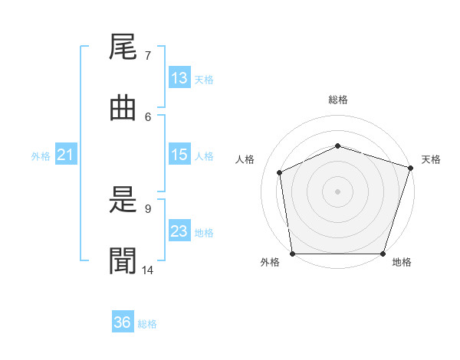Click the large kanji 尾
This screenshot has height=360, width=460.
pos(123,47)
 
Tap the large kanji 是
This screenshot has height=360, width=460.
pos(123,199)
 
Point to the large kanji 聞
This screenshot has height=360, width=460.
pos(123,260)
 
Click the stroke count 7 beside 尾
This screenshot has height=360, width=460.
pos(148,56)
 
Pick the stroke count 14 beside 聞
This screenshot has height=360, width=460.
pos(147,270)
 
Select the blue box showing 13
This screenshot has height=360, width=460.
pos(180,77)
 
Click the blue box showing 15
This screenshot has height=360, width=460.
pos(180,154)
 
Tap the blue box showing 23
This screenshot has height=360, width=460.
pos(180,230)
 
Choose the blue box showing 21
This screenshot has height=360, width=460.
pos(66,154)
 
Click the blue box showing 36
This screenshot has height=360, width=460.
pos(123,321)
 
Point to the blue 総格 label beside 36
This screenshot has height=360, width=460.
pos(147,324)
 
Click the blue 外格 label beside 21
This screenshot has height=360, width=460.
pos(41,156)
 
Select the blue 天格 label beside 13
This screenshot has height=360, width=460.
pos(204,80)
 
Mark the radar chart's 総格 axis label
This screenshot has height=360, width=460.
pos(338,100)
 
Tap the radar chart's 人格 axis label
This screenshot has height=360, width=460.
pos(245,159)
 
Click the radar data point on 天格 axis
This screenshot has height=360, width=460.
pos(411,168)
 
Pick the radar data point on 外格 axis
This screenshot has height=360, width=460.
pos(293,254)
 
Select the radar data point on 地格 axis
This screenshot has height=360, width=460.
pos(383,254)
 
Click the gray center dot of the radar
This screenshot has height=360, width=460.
pos(337,191)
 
